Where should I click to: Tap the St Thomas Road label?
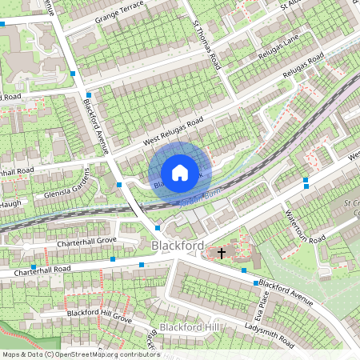(206, 45)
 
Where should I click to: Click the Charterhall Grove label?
(86, 240)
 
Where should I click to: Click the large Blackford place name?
(178, 246)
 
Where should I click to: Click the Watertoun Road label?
(305, 227)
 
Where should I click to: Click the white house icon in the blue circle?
(180, 172)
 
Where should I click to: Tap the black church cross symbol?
(221, 252)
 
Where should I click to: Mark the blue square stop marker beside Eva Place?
(256, 283)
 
